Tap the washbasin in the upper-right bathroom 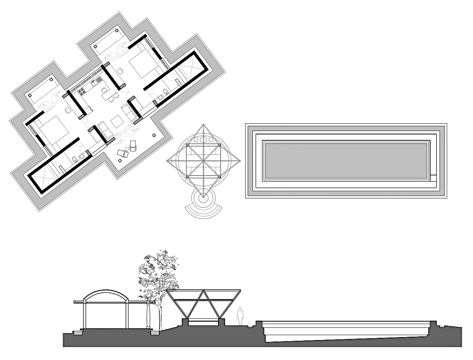[x=160, y=97]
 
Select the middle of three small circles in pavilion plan [x=204, y=140]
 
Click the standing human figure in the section [x=240, y=316]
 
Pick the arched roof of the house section [x=106, y=292]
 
